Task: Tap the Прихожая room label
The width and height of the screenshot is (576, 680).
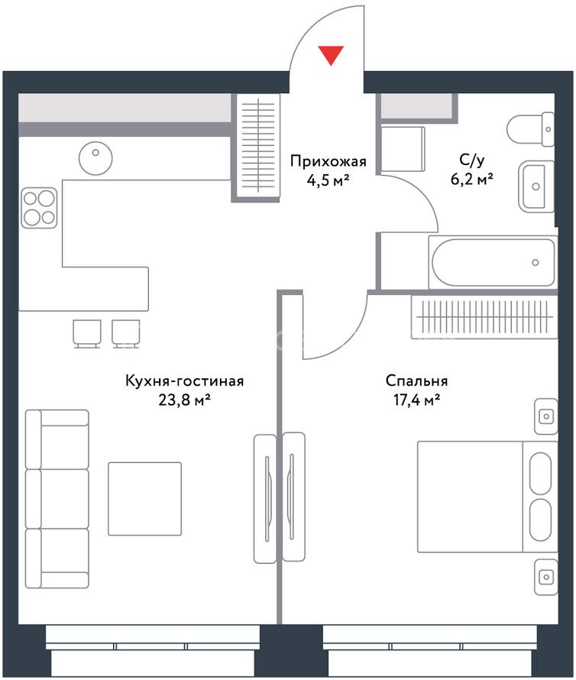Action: (x=328, y=161)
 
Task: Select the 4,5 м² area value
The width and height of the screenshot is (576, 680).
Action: (x=328, y=180)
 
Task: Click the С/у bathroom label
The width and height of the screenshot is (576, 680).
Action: (x=471, y=160)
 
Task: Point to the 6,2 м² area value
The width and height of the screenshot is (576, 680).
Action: (x=472, y=179)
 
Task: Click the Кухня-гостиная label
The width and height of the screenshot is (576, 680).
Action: (x=184, y=381)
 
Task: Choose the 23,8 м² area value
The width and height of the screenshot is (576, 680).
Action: (x=184, y=400)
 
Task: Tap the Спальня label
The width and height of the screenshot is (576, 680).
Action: (x=416, y=381)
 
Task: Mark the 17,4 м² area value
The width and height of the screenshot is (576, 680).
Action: (x=416, y=400)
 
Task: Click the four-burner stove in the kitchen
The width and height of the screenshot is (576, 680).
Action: (x=39, y=208)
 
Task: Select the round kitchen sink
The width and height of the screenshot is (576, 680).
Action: (x=95, y=158)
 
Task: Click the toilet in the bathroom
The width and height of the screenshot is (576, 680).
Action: (x=530, y=129)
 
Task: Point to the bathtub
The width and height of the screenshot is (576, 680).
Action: (x=493, y=262)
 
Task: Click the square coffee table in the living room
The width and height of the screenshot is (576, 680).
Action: (x=145, y=499)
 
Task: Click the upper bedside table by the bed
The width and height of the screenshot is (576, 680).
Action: (x=545, y=416)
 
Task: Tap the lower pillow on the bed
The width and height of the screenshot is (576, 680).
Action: (x=540, y=520)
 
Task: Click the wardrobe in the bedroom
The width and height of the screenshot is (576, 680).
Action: (x=484, y=317)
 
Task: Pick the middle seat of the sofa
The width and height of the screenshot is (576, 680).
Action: (x=57, y=499)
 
